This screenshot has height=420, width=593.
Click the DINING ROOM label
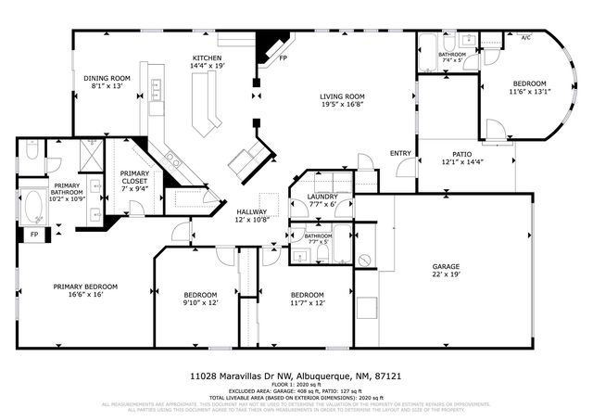[109, 78]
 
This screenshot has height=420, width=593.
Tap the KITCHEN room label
[207, 57]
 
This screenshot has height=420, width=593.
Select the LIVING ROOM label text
[343, 96]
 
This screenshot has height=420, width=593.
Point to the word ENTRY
[400, 153]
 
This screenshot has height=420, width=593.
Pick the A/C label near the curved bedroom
[525, 38]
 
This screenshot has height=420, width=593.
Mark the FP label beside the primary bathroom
[33, 235]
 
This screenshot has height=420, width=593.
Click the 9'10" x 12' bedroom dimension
[198, 303]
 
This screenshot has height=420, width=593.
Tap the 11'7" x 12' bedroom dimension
[307, 303]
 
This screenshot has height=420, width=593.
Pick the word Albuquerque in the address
[329, 376]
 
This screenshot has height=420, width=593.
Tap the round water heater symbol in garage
[364, 260]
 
